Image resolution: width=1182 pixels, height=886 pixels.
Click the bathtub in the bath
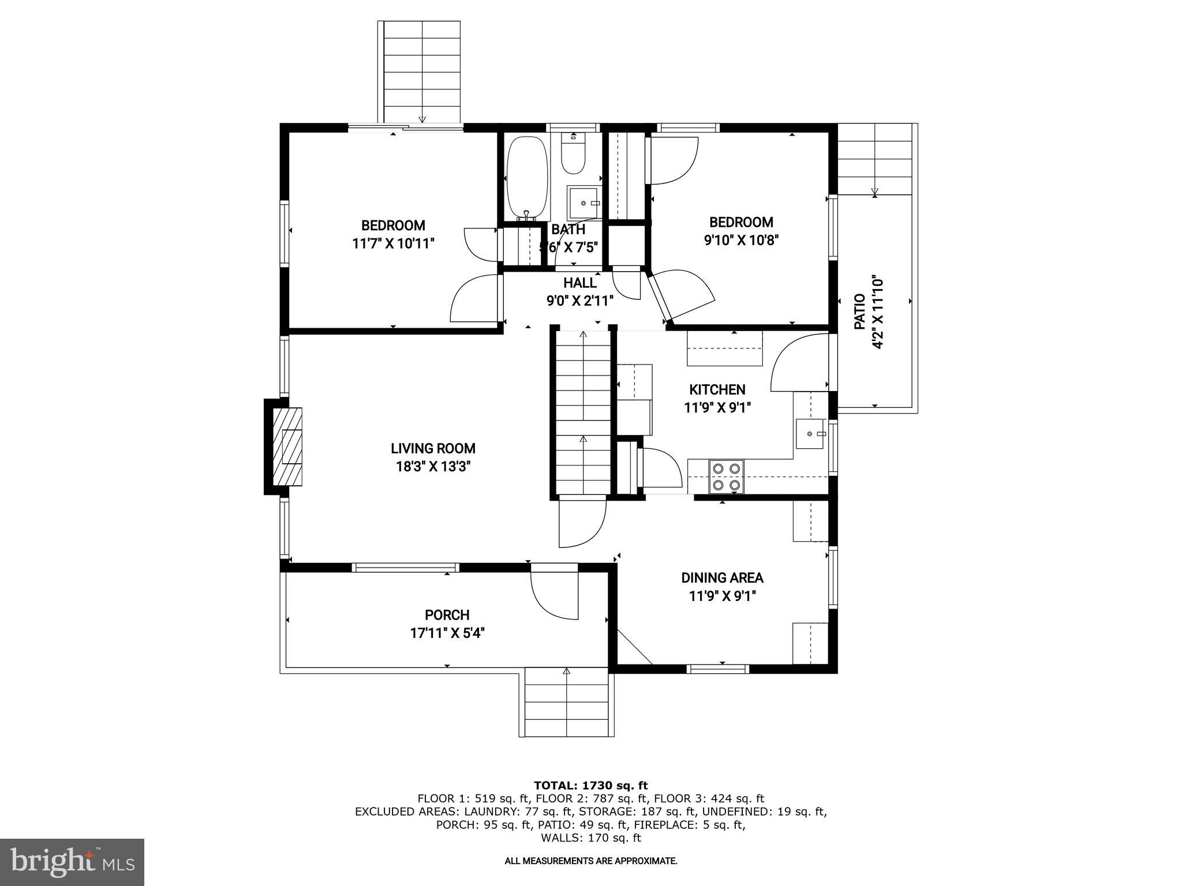(x=526, y=177)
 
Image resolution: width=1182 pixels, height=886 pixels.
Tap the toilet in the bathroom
(x=573, y=153)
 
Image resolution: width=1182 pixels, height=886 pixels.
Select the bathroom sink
(x=583, y=202)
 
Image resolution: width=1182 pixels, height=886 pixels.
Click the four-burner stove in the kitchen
(x=726, y=476)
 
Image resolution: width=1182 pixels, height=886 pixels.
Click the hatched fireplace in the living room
(x=287, y=446)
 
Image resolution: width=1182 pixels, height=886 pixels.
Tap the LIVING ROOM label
(x=433, y=448)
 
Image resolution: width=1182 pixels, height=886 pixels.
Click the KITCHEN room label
(x=717, y=389)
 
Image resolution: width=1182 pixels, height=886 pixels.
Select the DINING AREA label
(x=721, y=577)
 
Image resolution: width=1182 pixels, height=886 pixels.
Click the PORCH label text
(x=447, y=615)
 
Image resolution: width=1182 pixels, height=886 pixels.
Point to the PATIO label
(x=859, y=311)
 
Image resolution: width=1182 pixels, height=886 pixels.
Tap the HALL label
(x=579, y=283)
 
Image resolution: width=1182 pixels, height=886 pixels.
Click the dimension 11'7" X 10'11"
(x=393, y=243)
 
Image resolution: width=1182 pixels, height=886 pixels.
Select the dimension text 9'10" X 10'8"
(x=741, y=240)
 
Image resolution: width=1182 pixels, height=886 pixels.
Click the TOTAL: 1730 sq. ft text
(x=590, y=785)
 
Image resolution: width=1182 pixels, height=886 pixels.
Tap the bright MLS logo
(x=72, y=862)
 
